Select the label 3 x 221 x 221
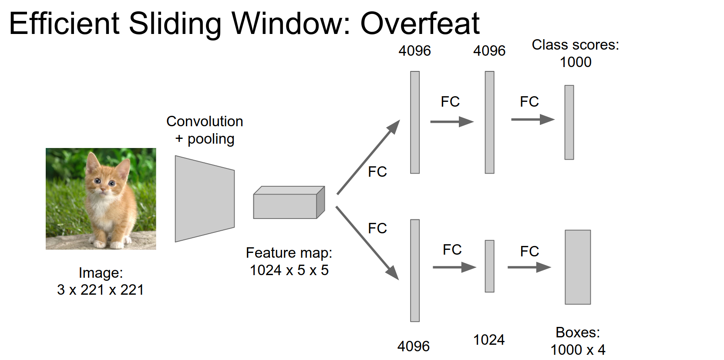[101, 289]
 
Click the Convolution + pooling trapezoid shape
[205, 199]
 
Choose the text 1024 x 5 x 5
[289, 270]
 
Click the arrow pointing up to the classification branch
[368, 158]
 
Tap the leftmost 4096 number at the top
[414, 51]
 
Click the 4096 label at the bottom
[413, 347]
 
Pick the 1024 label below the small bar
[489, 340]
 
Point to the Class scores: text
[575, 45]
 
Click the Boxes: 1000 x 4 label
[578, 341]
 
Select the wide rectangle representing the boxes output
[578, 267]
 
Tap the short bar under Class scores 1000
[569, 122]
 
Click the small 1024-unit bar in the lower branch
[489, 266]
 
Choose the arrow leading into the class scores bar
[532, 119]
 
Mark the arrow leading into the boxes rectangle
[529, 267]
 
